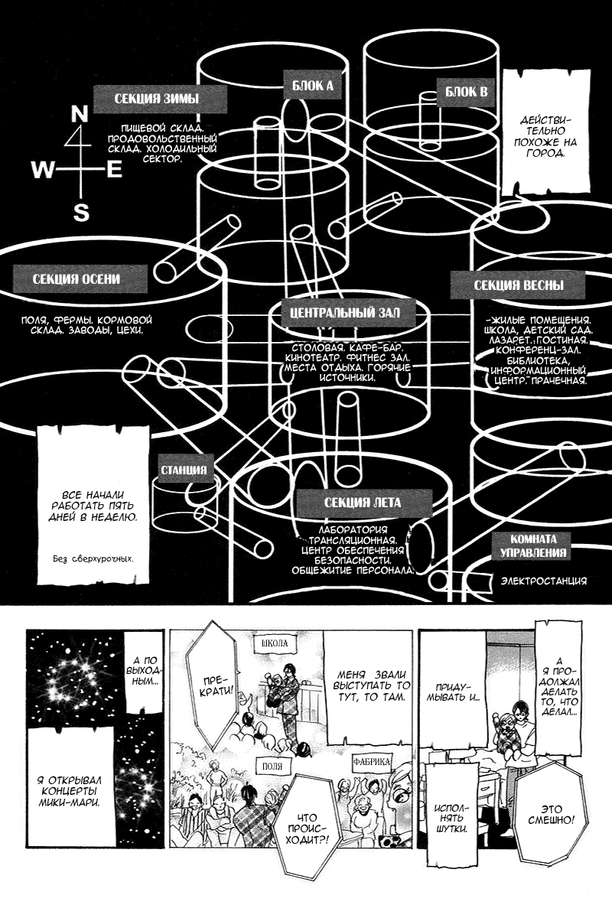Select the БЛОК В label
click(466, 93)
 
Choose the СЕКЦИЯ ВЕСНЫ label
click(519, 285)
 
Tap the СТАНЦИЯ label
click(184, 470)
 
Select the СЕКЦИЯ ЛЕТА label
click(362, 503)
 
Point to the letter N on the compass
click(79, 115)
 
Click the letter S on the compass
click(80, 212)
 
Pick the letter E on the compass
click(114, 170)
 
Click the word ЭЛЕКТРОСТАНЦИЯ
click(543, 581)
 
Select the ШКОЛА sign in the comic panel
click(275, 643)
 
